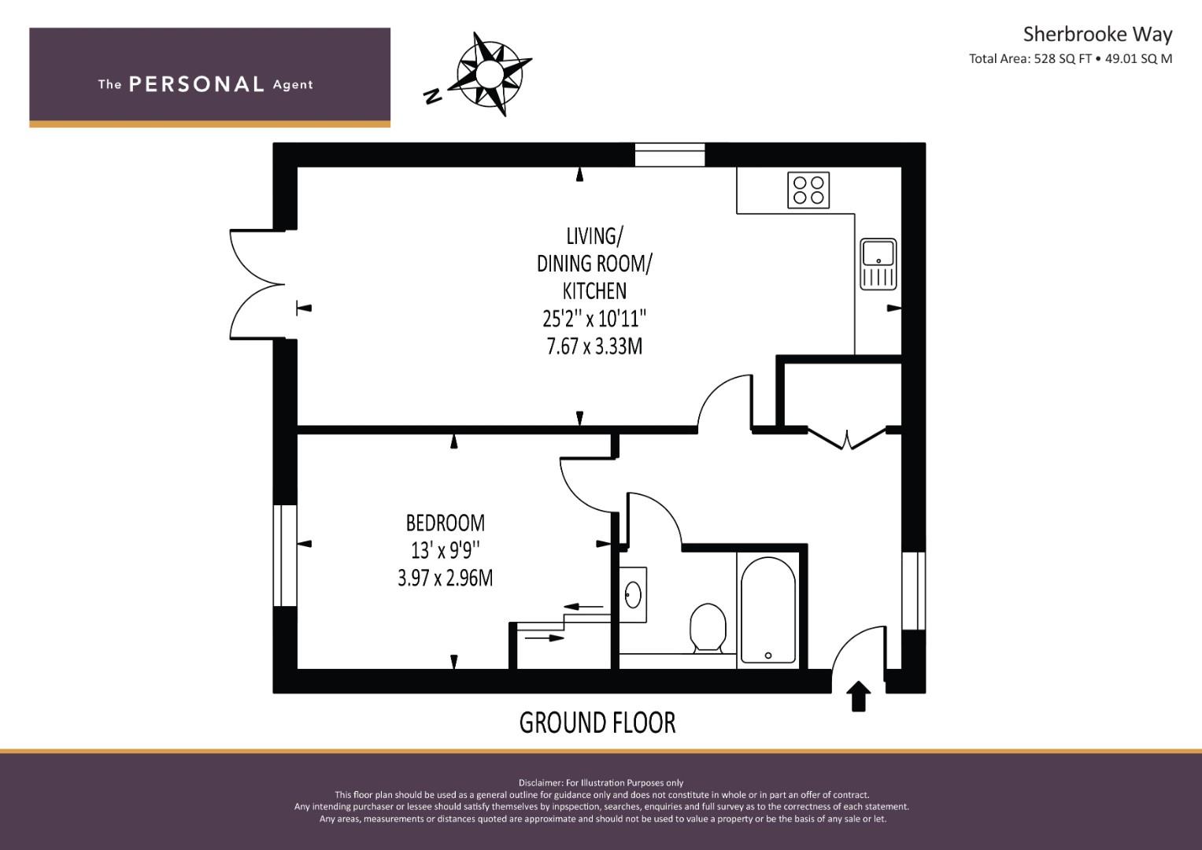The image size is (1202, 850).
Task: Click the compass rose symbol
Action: pos(489,73)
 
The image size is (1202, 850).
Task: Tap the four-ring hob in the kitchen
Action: pos(808,190)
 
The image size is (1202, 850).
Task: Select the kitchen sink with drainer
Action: pos(878,264)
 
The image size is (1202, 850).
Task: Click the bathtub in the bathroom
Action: pos(768,610)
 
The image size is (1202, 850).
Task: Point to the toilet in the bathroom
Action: pos(708,628)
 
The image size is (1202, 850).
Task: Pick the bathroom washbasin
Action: pos(633,594)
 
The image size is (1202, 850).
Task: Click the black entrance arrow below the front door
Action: pos(859,696)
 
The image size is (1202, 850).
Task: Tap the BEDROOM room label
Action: pos(446,523)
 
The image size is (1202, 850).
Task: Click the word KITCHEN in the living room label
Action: pos(594,291)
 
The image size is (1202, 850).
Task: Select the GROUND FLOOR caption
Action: pos(597,722)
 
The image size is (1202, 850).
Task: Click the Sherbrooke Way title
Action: pos(1097,35)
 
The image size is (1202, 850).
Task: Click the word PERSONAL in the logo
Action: pos(197,84)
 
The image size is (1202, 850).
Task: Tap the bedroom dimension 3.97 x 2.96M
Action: pos(446,578)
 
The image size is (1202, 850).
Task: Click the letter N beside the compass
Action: pos(432,96)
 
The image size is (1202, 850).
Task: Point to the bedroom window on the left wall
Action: pos(285,556)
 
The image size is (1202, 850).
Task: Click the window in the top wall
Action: pos(670,154)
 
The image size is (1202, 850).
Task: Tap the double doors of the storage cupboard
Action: pos(846,438)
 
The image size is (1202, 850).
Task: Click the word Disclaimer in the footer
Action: pos(541,783)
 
